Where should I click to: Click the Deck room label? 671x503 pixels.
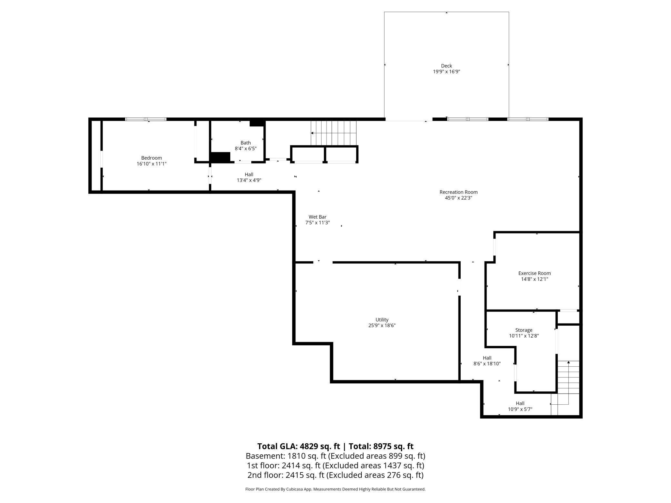click(x=446, y=66)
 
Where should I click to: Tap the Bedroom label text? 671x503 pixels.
click(x=151, y=158)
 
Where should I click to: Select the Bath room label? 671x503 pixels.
click(x=245, y=143)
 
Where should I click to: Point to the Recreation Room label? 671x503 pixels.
click(x=458, y=192)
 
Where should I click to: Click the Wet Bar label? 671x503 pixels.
click(x=317, y=217)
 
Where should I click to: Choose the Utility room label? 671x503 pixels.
click(x=382, y=320)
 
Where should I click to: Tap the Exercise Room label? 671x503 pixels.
click(x=535, y=273)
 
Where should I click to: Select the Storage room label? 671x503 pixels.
click(x=524, y=330)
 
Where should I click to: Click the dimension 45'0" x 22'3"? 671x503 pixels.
click(x=458, y=198)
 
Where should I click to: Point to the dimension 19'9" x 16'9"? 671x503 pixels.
click(x=446, y=72)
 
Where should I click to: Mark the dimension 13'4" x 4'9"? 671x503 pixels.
click(x=249, y=180)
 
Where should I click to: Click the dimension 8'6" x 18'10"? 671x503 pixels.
click(x=487, y=364)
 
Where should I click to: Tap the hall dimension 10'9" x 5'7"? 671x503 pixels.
click(x=520, y=409)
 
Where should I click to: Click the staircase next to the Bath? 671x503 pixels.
click(x=334, y=133)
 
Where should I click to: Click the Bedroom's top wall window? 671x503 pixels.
click(x=146, y=119)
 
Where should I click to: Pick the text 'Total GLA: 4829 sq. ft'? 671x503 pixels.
click(x=299, y=446)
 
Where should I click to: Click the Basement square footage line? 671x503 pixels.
click(x=335, y=456)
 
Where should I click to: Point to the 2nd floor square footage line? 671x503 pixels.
click(x=335, y=475)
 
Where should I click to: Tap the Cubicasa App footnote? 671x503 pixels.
click(x=335, y=489)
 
